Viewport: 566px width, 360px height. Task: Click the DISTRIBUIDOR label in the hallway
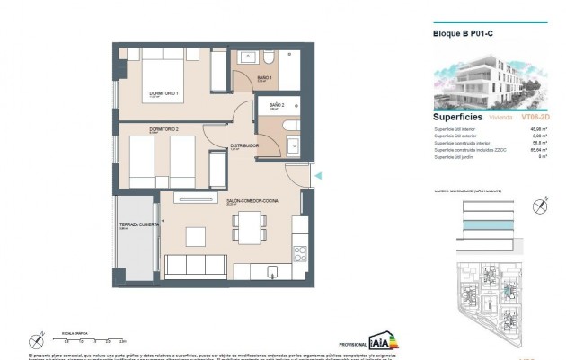click(x=246, y=144)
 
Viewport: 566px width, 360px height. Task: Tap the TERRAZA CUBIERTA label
click(x=139, y=224)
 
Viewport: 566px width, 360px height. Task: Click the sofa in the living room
click(x=193, y=267)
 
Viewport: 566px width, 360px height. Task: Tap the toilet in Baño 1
click(x=271, y=59)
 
